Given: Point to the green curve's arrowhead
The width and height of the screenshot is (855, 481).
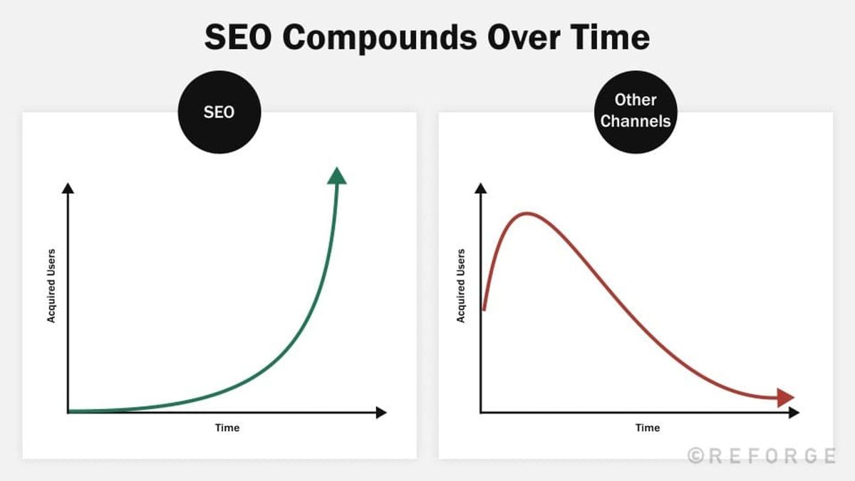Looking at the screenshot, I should tap(336, 175).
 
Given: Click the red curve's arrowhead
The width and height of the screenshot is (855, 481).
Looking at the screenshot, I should tap(786, 398).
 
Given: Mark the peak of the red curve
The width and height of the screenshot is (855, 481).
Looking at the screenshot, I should tap(527, 213).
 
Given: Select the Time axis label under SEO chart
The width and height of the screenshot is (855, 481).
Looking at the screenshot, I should tap(227, 428).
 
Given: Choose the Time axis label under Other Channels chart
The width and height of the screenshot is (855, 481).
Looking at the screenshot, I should tap(648, 428).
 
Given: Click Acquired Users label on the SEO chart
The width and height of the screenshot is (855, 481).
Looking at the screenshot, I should tap(51, 285).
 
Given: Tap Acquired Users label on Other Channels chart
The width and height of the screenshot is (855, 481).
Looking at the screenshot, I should tap(461, 285).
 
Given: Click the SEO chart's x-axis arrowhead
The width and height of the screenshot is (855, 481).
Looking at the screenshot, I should tap(381, 412).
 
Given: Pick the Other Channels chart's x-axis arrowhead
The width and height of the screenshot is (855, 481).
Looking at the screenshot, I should tap(794, 412).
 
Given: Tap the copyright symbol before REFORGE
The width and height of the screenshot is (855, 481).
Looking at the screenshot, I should tap(696, 455).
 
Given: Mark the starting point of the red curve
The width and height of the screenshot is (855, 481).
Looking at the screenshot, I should tap(484, 310).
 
